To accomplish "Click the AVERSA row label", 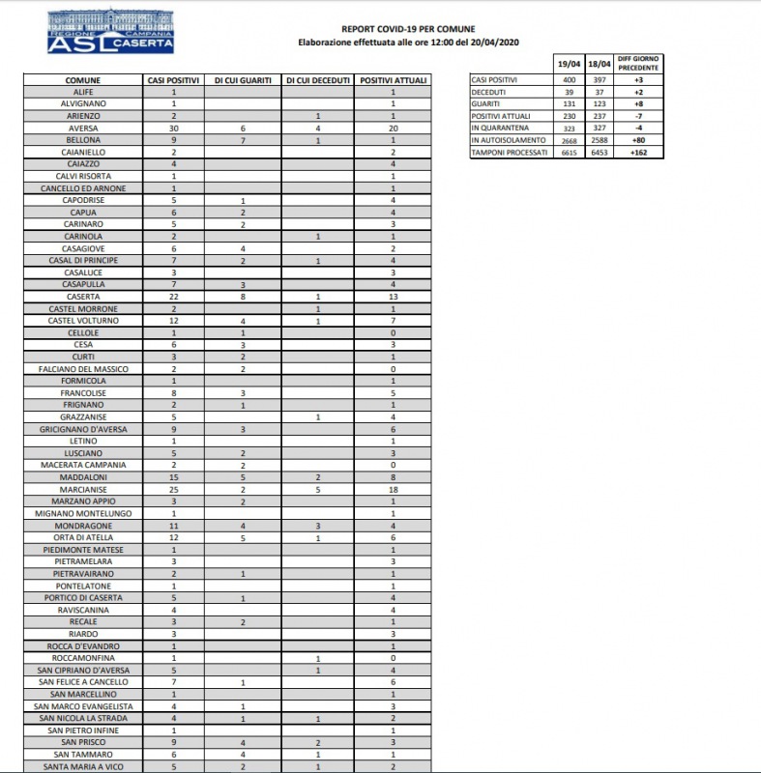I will [83, 128].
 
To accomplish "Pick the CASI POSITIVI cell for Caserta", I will [174, 297].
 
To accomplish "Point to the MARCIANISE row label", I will [83, 489].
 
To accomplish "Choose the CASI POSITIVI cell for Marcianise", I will [174, 489].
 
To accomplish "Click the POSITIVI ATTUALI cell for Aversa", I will [394, 128].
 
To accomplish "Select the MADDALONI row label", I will [83, 477].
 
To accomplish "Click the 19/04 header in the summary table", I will [569, 64].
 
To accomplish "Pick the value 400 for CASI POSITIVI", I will [569, 78].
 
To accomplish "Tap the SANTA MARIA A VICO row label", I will [83, 766].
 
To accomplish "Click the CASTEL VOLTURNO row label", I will [83, 321].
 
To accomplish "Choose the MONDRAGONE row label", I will [83, 526].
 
